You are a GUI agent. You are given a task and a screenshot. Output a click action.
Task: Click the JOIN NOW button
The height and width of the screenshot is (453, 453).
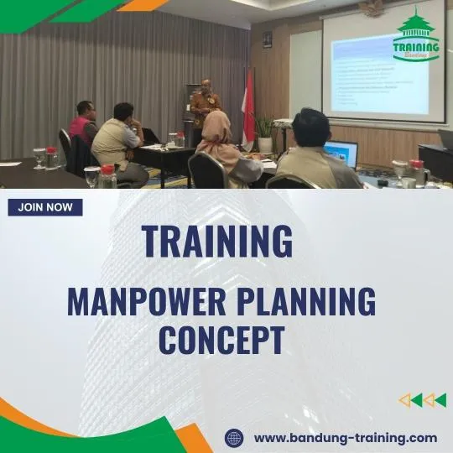point(45,207)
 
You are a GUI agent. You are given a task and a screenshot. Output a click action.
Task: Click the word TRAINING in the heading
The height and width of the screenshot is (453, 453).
point(217,240)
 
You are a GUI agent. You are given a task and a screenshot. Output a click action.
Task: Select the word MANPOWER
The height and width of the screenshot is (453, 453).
point(150,301)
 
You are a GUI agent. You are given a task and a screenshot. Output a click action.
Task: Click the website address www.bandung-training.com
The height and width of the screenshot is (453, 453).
point(345,437)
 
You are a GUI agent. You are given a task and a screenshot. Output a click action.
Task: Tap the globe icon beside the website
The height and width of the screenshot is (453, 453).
point(235,437)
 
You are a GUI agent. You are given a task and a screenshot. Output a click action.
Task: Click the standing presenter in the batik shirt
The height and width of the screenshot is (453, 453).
point(204,107)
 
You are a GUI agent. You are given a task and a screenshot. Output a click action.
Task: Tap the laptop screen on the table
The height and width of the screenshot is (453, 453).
point(342,154)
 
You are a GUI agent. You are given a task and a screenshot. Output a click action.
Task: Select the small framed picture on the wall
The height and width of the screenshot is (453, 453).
point(267,39)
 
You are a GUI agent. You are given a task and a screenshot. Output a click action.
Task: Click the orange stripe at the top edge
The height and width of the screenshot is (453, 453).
point(143,4)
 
